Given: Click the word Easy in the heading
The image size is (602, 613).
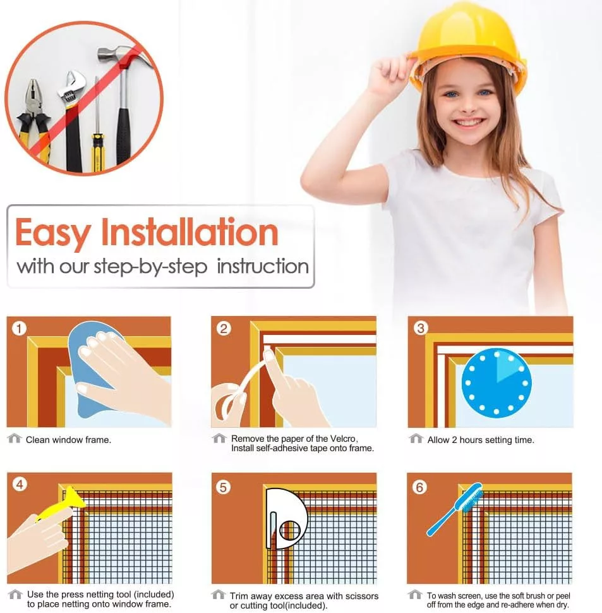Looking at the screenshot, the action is pyautogui.click(x=53, y=233).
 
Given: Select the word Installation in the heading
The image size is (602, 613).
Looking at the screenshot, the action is pyautogui.click(x=190, y=232).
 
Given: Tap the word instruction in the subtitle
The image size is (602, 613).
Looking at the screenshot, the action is pyautogui.click(x=263, y=267).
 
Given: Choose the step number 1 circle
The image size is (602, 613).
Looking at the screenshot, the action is pyautogui.click(x=19, y=329).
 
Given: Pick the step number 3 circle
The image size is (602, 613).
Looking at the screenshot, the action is pyautogui.click(x=421, y=328).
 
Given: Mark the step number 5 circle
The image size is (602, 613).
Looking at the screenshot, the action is pyautogui.click(x=223, y=487).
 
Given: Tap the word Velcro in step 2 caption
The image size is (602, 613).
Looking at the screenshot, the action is pyautogui.click(x=343, y=439).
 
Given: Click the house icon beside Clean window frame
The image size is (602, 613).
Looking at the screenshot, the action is pyautogui.click(x=15, y=438).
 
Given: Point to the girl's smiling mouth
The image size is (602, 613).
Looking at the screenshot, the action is pyautogui.click(x=468, y=123).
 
